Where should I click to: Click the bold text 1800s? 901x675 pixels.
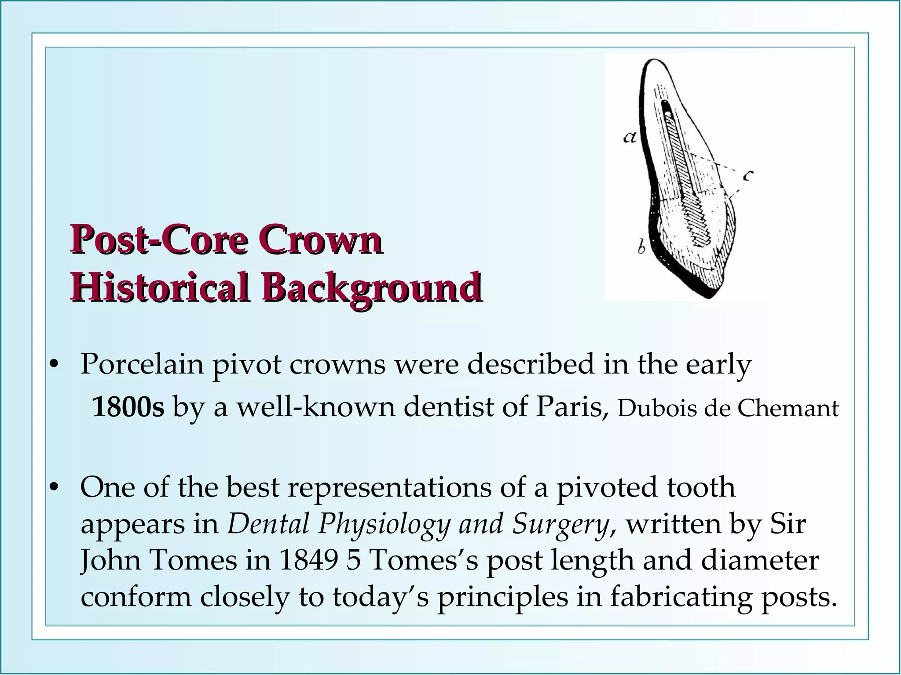[x=128, y=407]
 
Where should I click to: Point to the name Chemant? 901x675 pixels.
[x=788, y=408]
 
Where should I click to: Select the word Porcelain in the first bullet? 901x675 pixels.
[x=142, y=365]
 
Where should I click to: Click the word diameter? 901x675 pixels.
[x=760, y=560]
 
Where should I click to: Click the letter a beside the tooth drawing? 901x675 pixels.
[x=630, y=138]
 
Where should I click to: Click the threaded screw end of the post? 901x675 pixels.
[x=700, y=222]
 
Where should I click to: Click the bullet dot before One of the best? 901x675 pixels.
[x=54, y=488]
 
